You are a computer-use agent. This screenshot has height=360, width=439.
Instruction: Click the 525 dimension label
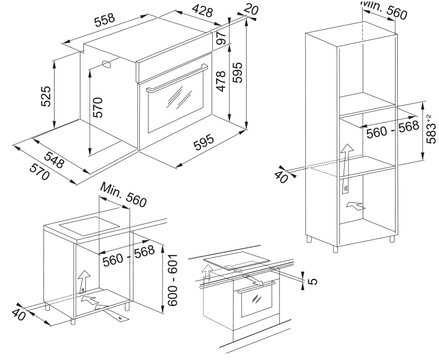pos(46,96)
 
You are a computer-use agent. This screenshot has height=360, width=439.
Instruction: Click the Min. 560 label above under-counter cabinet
pos(121,195)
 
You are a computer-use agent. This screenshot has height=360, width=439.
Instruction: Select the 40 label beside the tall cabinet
pos(282,176)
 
